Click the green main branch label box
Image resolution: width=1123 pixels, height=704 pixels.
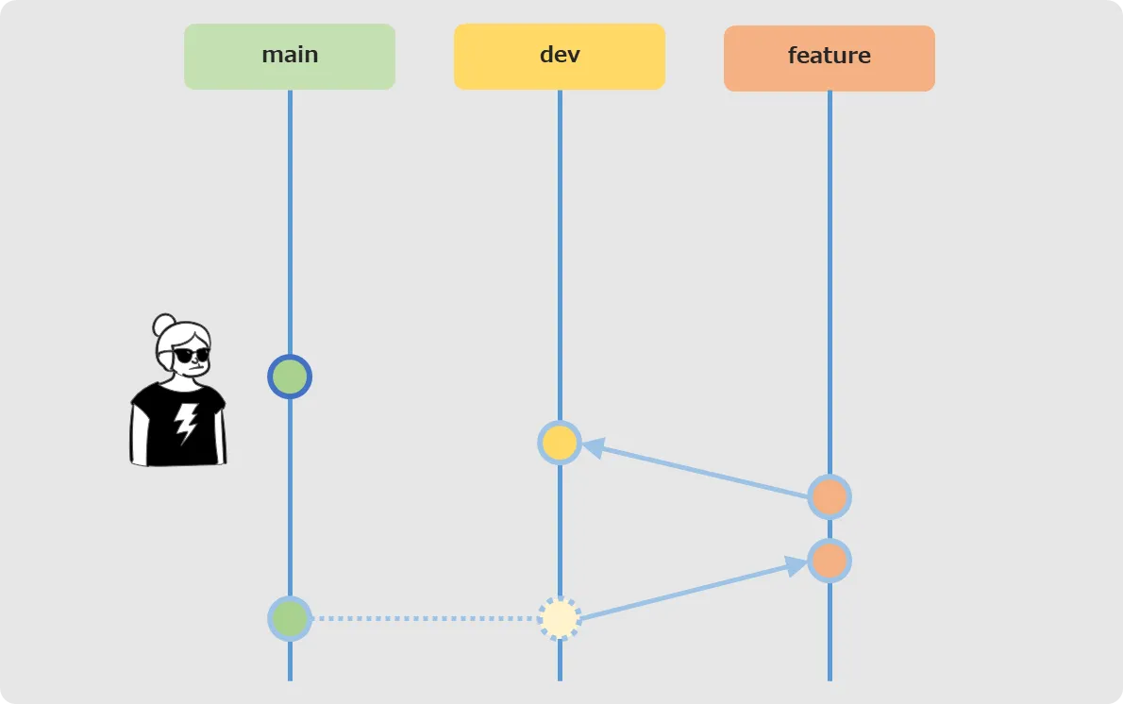pos(290,57)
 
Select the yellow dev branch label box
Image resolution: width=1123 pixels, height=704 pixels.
pos(560,57)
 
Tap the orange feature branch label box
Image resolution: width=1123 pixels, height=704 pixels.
pos(830,58)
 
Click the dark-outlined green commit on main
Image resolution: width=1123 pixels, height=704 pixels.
pos(290,377)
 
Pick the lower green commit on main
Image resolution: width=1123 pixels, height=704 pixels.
pos(290,618)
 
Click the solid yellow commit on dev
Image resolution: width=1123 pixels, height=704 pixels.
pos(560,443)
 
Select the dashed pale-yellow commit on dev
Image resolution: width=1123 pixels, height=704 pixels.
pos(560,618)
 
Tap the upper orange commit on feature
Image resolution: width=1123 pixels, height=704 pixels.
pos(830,497)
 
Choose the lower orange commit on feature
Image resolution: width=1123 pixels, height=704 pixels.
pos(830,560)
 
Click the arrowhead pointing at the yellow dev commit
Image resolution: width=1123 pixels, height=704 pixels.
pos(593,448)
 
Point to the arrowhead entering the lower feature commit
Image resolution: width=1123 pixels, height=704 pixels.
pos(796,566)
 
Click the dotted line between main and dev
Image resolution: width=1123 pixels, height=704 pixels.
pos(425,618)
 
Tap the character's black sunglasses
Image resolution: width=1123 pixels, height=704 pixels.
pos(192,355)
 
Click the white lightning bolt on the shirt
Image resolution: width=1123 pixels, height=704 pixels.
pos(186,423)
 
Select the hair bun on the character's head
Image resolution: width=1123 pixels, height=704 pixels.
pos(164,325)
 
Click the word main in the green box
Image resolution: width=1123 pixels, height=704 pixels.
pos(290,55)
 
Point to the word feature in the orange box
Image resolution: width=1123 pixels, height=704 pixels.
pos(830,55)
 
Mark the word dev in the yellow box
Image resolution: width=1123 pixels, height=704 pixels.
pos(560,55)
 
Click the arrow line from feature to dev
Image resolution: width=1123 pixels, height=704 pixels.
pos(695,471)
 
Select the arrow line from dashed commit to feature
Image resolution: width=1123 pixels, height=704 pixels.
pos(694,591)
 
